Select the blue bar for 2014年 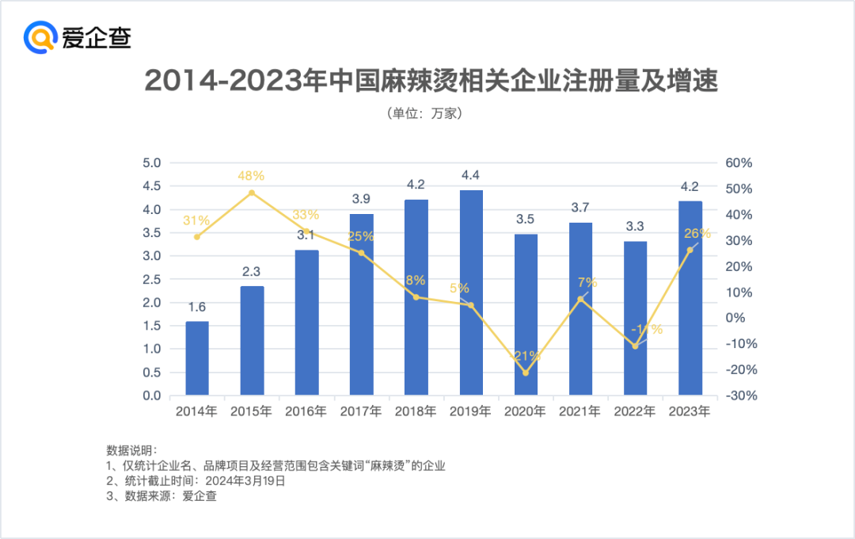point(197,358)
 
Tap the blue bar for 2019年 point(471,292)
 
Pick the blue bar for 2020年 point(526,315)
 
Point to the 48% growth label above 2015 point(251,176)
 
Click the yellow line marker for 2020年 point(526,373)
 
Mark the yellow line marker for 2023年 point(690,250)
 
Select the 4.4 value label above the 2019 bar point(471,175)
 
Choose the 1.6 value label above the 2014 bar point(197,307)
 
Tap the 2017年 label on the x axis point(361,411)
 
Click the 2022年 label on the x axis point(635,411)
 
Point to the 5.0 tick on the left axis point(151,163)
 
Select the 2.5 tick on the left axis point(151,280)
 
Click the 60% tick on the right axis point(738,163)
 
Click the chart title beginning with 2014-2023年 point(431,81)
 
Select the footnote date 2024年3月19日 point(245,480)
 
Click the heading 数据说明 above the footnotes point(131,450)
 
